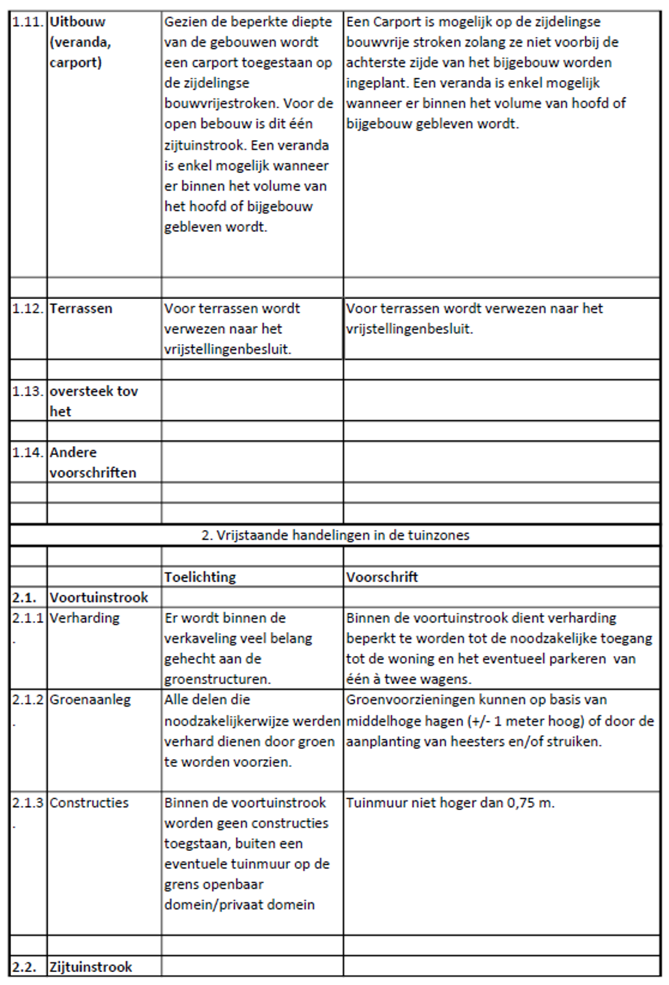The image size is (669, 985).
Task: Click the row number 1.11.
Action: (28, 22)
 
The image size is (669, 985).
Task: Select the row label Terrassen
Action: (80, 308)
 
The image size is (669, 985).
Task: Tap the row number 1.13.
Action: (28, 391)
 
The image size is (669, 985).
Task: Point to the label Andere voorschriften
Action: (92, 462)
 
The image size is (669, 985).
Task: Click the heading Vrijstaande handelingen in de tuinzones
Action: (335, 535)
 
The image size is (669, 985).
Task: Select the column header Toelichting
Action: (200, 577)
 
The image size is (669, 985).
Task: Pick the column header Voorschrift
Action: (382, 577)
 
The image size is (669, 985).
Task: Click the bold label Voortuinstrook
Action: (99, 597)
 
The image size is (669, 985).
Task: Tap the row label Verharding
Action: (84, 618)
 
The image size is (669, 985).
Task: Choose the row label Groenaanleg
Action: (90, 700)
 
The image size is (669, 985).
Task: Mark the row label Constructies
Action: (89, 802)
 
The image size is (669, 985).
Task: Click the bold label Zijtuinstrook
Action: (91, 967)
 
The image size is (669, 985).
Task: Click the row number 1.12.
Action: (28, 308)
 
